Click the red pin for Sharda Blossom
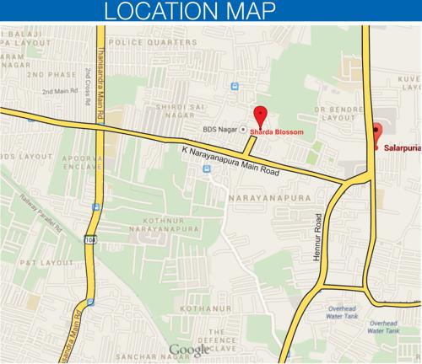coord(261,116)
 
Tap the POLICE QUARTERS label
coord(159,41)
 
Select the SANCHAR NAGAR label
coord(143,359)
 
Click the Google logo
coord(190,350)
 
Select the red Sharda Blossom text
coord(277,131)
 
